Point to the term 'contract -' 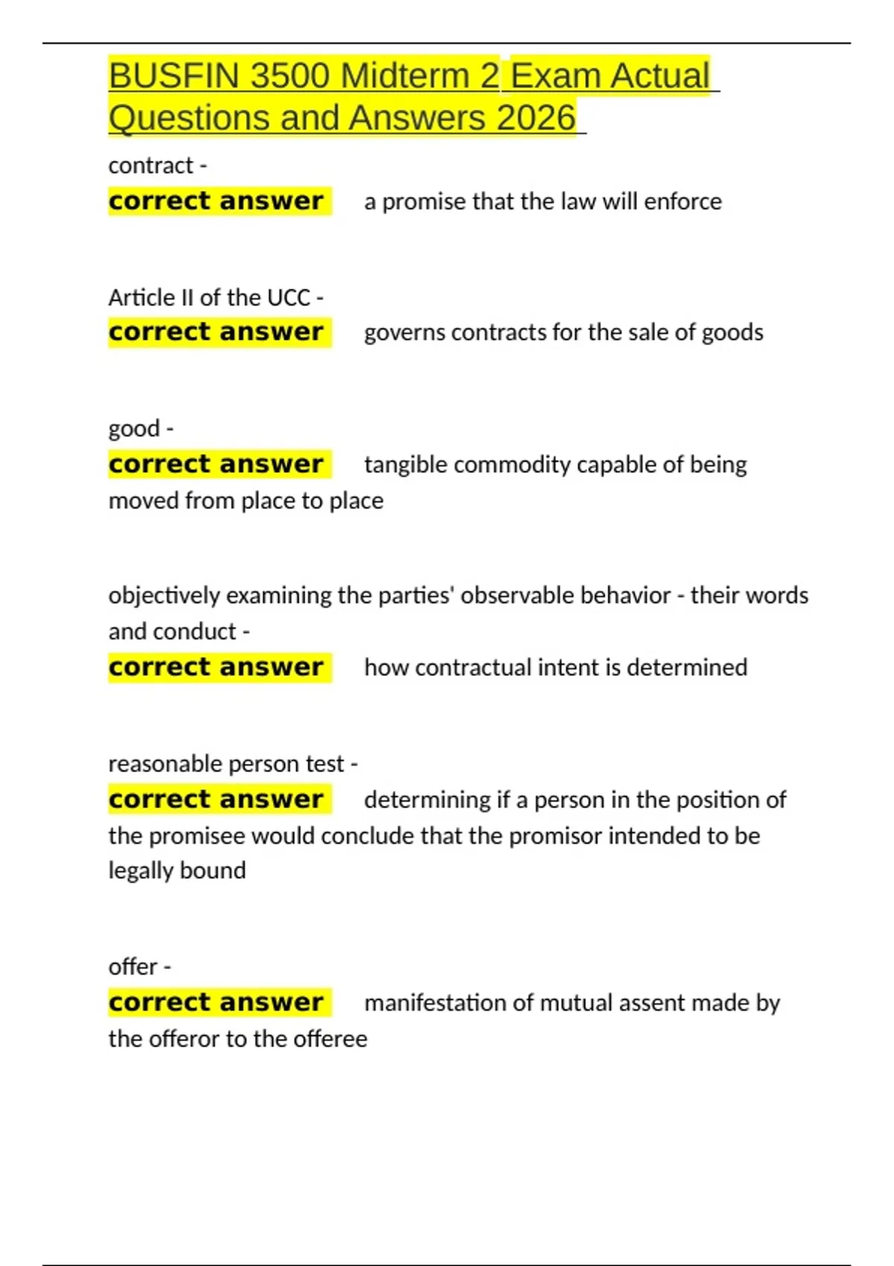coord(157,165)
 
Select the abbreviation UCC coord(288,298)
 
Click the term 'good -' coord(141,429)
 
